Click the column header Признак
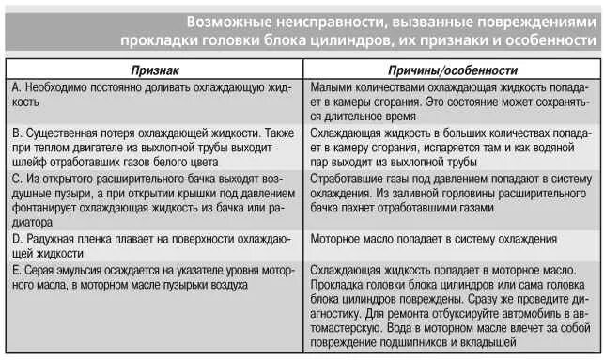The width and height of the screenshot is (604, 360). pos(157,70)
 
